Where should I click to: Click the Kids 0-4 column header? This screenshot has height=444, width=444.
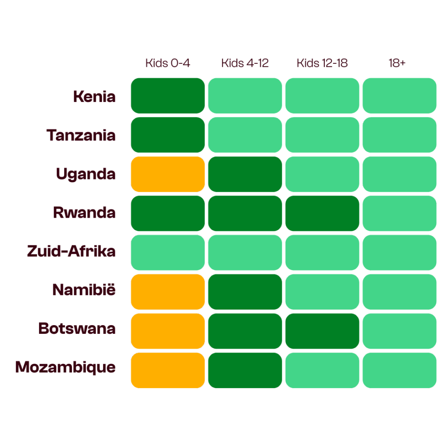pyautogui.click(x=168, y=63)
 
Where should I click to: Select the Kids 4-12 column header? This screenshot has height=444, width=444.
pyautogui.click(x=245, y=63)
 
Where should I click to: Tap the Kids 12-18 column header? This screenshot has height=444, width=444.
pyautogui.click(x=322, y=63)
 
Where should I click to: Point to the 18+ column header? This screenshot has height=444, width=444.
pyautogui.click(x=397, y=63)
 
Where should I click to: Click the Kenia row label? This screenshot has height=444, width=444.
pyautogui.click(x=94, y=96)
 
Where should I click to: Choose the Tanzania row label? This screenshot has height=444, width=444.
pyautogui.click(x=82, y=135)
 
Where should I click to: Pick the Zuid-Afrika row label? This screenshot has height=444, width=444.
pyautogui.click(x=71, y=251)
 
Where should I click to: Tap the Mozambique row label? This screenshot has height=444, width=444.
pyautogui.click(x=65, y=367)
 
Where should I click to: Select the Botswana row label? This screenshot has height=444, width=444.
pyautogui.click(x=77, y=328)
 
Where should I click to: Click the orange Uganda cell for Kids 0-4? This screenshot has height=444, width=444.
pyautogui.click(x=168, y=174)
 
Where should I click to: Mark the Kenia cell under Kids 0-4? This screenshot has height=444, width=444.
pyautogui.click(x=168, y=96)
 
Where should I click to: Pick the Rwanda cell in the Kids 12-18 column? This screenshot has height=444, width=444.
pyautogui.click(x=322, y=213)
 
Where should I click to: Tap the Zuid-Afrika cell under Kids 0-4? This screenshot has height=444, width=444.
pyautogui.click(x=168, y=252)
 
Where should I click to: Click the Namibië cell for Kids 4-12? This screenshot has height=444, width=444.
pyautogui.click(x=245, y=291)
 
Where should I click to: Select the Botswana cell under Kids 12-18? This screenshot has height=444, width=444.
pyautogui.click(x=322, y=331)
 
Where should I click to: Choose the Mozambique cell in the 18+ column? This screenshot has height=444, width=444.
pyautogui.click(x=399, y=370)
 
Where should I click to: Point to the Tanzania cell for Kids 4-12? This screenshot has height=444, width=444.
pyautogui.click(x=245, y=135)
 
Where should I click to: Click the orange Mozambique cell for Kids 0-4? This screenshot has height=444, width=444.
pyautogui.click(x=168, y=370)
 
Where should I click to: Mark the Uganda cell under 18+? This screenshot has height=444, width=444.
pyautogui.click(x=399, y=174)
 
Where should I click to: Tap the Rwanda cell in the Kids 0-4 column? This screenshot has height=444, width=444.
pyautogui.click(x=168, y=213)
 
